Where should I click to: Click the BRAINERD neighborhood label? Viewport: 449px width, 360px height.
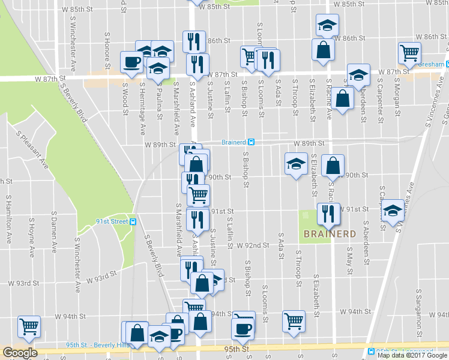tap(330, 233)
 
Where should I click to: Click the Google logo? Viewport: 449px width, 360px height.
tap(20, 353)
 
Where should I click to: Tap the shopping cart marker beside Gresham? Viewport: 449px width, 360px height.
tap(409, 53)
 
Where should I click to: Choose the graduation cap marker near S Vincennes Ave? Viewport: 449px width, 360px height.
tap(393, 211)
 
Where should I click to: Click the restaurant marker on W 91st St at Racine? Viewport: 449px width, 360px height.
tap(328, 213)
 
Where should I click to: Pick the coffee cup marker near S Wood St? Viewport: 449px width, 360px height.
tap(131, 61)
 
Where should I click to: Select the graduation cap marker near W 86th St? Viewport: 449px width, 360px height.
tap(327, 25)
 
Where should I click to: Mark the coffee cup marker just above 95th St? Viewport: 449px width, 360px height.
tap(243, 328)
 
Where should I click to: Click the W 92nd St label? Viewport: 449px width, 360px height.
tap(252, 245)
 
